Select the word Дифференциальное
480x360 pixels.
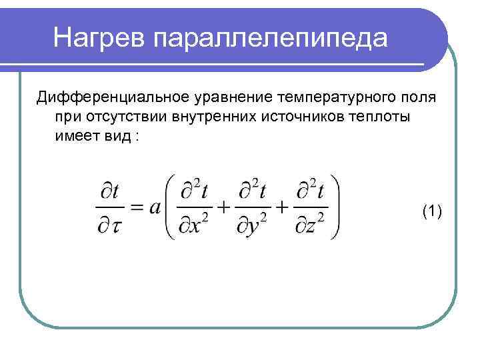(113, 98)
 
